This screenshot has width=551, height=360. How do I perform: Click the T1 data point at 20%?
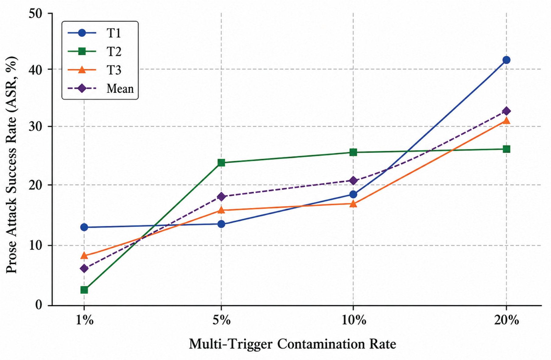pos(506,60)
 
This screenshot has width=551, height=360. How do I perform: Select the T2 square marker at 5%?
pos(221,163)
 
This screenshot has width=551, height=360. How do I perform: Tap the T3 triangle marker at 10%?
pos(353,204)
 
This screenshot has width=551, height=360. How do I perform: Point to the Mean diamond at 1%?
pos(84,268)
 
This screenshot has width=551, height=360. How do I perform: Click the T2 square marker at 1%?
pos(84,290)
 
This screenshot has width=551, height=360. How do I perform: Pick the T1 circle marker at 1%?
pos(84,227)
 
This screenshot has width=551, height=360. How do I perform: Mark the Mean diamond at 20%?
pos(506,111)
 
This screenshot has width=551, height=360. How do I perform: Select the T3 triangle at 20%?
pos(506,120)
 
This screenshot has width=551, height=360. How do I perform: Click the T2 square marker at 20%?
pos(506,149)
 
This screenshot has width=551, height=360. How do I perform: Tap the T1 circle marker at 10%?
pos(353,194)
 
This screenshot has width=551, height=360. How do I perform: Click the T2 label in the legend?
pos(114,51)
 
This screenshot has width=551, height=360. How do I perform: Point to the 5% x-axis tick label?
pos(221,320)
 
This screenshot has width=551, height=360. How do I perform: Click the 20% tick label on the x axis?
pos(506,320)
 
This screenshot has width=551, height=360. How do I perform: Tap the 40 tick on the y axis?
pos(36,69)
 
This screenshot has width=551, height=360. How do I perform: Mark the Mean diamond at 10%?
pos(353,180)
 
